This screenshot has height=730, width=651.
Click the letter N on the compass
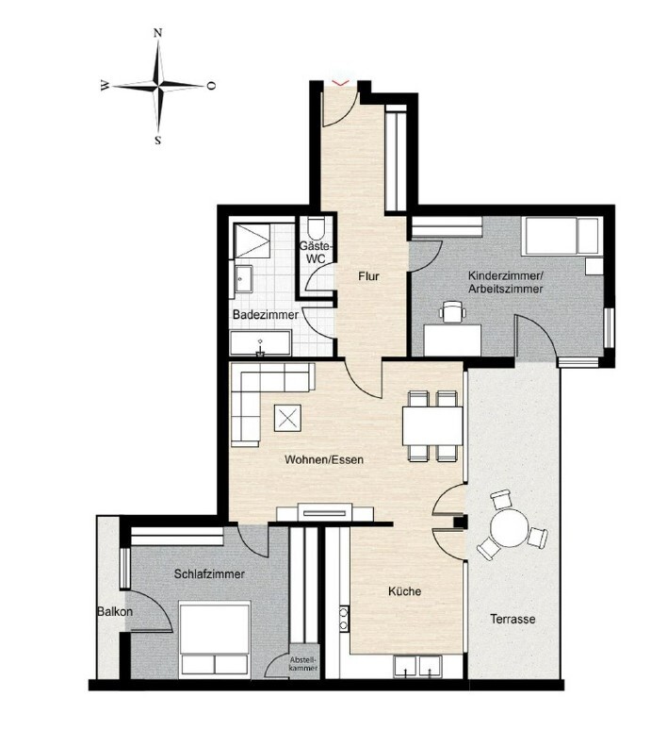(x=157, y=33)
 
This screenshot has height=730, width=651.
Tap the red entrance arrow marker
(x=341, y=83)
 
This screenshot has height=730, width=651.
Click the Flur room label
(x=368, y=276)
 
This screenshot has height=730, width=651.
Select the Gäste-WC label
(x=316, y=252)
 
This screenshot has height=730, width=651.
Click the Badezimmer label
(x=266, y=315)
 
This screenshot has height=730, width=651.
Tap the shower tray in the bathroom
(x=252, y=241)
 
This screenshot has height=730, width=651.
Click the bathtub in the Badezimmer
(x=261, y=343)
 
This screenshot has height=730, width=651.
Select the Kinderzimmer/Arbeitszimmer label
(x=506, y=282)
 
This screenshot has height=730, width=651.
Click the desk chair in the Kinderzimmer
(x=453, y=311)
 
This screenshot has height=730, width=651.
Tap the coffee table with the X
(x=287, y=418)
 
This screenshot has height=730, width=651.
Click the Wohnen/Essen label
(x=324, y=460)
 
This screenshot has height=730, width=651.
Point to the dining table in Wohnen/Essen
(x=433, y=426)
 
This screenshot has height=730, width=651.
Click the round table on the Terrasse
(x=510, y=528)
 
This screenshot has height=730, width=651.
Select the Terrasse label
(x=513, y=620)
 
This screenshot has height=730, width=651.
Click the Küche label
(x=404, y=591)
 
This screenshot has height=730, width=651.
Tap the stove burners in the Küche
(x=344, y=619)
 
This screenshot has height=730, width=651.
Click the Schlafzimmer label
(x=209, y=574)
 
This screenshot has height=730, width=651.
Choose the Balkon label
(x=115, y=612)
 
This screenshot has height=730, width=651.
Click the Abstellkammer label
(x=303, y=664)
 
